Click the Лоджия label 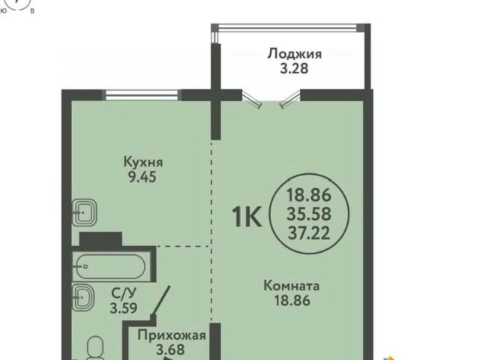point(294,53)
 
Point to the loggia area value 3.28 point(294,68)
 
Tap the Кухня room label point(143,162)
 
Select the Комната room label point(292,286)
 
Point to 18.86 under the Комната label point(292,301)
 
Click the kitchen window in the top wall point(142,94)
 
